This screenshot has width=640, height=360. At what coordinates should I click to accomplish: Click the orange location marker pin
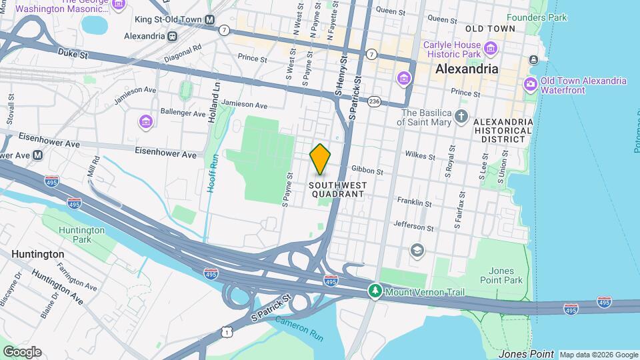coord(320,159)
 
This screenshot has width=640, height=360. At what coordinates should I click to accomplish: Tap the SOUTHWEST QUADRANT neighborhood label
coord(337,189)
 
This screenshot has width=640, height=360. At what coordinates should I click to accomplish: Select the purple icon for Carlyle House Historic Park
coord(491,48)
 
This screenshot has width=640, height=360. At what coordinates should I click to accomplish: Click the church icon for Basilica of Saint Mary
coord(461,117)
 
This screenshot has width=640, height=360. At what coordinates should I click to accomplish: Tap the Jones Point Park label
coord(505,275)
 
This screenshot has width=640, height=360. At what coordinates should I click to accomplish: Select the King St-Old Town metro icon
coord(210,20)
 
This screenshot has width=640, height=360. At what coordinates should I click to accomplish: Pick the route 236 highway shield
coord(374,101)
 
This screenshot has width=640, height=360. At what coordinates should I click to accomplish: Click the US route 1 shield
coord(229,331)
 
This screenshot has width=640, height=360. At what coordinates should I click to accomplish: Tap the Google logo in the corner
coord(22,352)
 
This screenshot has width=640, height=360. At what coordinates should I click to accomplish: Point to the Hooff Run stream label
coord(212,173)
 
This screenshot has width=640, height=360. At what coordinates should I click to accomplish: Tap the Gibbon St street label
coord(367,171)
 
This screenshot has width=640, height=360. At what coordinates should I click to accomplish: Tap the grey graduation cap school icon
coord(417,250)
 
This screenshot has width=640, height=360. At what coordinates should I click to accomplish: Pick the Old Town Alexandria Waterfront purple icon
coord(531,85)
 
